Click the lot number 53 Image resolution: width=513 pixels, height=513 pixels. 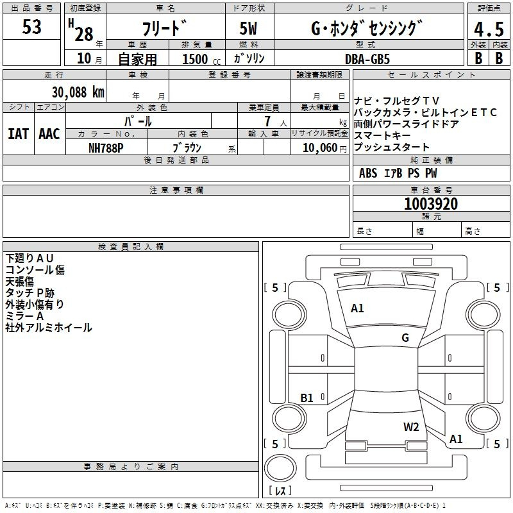point(31,28)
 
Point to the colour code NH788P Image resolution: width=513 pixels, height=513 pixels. point(106,147)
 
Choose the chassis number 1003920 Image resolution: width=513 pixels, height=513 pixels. point(431,205)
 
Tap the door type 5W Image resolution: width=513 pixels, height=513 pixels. point(250,28)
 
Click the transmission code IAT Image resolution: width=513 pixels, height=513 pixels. point(19,134)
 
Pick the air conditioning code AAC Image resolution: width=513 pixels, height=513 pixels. point(49,134)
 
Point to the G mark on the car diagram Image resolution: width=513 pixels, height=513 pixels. point(405,338)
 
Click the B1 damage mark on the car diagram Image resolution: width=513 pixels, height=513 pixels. point(307,398)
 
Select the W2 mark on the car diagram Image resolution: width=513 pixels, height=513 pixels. point(411,427)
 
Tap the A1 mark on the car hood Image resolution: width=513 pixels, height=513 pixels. point(357,308)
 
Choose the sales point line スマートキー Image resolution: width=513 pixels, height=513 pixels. point(383,136)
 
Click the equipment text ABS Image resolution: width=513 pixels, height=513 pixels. point(368,173)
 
